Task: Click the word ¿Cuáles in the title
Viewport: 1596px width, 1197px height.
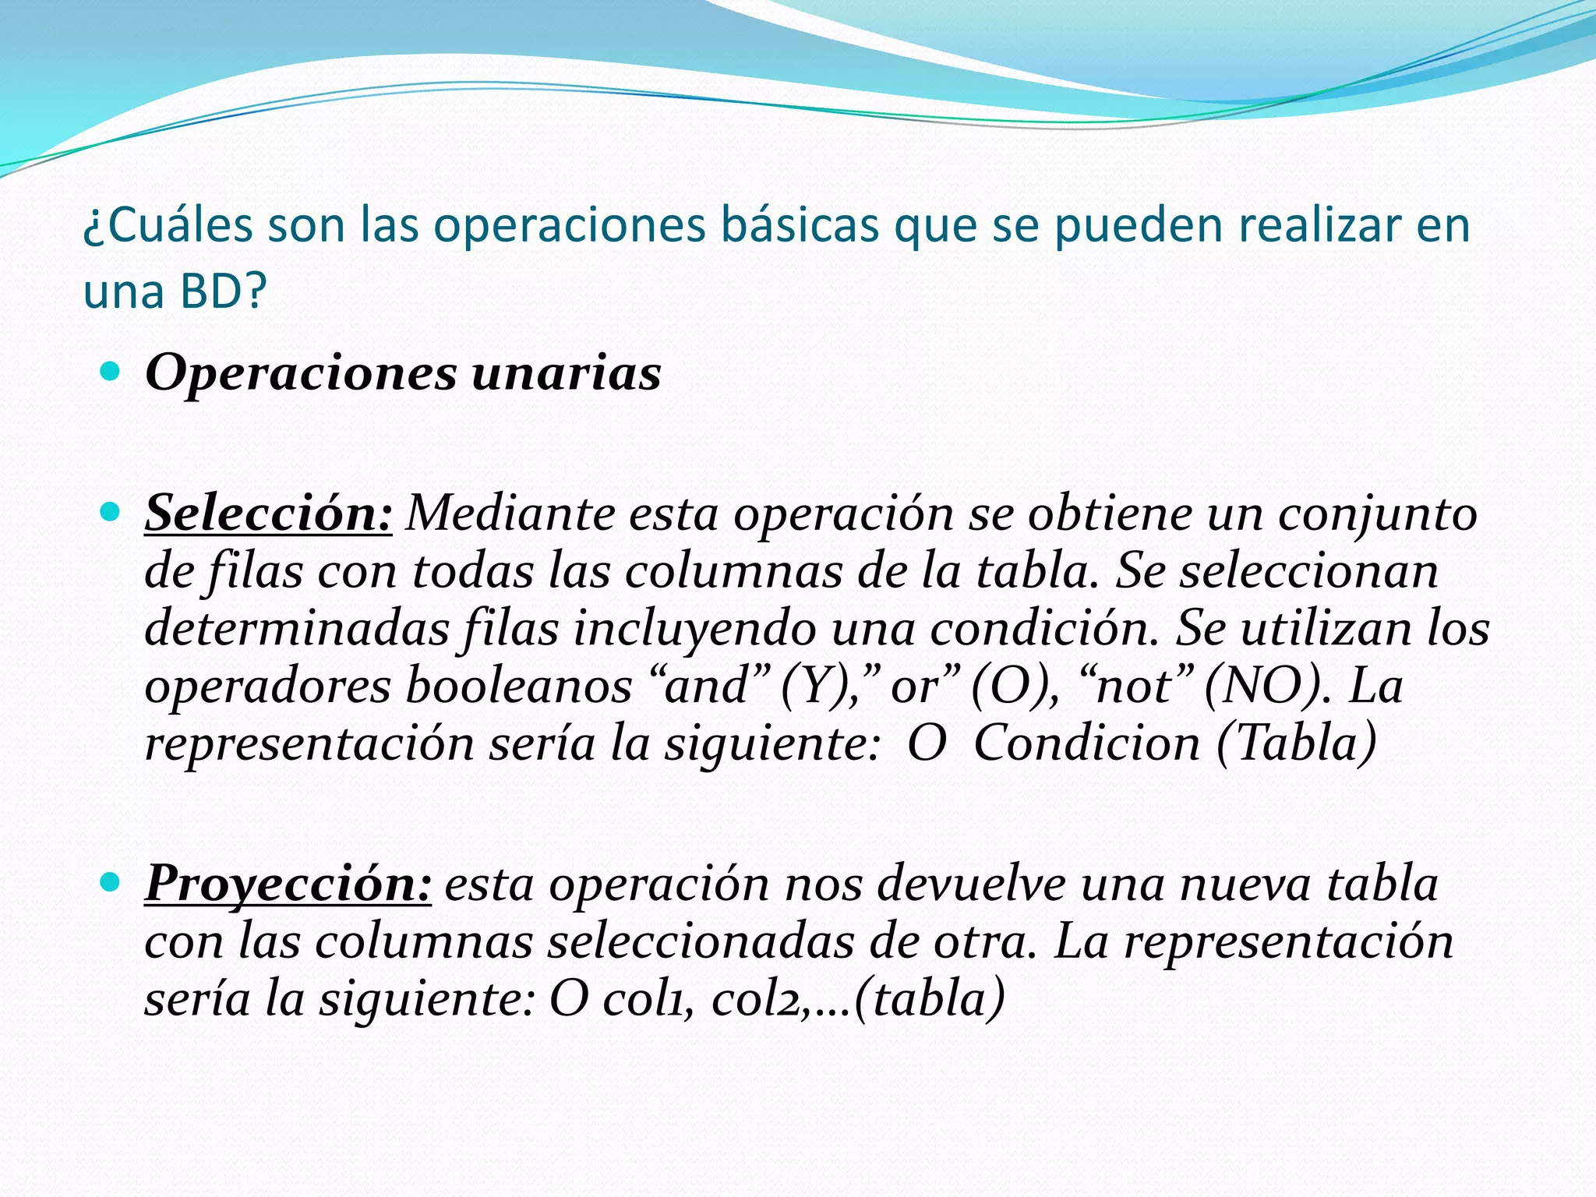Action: (x=168, y=225)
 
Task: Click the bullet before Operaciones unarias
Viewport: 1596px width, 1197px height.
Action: (x=111, y=372)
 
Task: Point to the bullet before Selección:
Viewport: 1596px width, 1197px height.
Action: (x=111, y=512)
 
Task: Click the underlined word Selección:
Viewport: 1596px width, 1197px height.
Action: (x=268, y=514)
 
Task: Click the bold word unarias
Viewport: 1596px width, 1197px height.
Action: (x=567, y=373)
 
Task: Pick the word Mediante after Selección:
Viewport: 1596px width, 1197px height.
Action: (x=511, y=514)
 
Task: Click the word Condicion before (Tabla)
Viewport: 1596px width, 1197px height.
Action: (x=1087, y=743)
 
